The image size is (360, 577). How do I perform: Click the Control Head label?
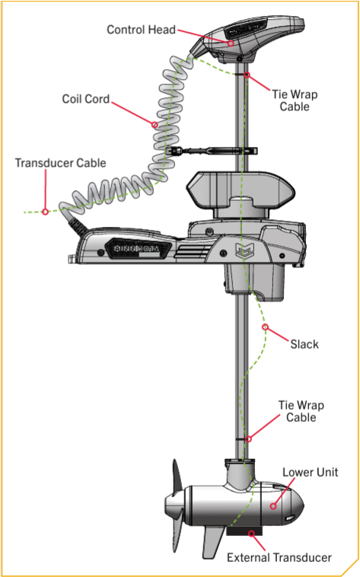141,30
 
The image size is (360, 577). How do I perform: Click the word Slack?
304,344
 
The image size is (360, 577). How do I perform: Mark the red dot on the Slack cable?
265,327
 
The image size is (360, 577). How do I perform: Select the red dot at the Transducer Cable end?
45,211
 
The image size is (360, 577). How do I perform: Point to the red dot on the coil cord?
155,124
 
